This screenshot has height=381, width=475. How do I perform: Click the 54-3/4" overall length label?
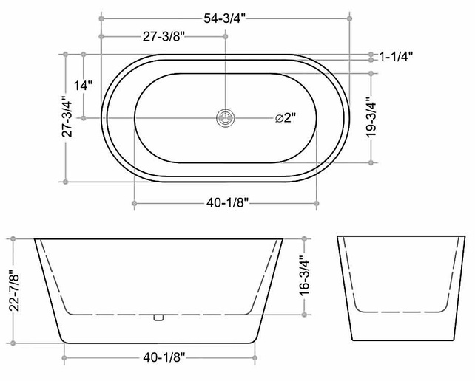click(x=224, y=18)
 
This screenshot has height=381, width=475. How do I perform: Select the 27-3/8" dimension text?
click(x=164, y=37)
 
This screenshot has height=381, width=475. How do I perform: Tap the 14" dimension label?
click(x=84, y=85)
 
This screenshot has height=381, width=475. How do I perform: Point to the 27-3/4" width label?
click(x=67, y=117)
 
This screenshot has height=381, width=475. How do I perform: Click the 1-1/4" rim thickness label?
click(x=397, y=57)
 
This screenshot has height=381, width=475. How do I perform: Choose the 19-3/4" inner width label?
click(x=371, y=117)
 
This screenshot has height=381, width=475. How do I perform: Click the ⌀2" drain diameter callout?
click(x=285, y=117)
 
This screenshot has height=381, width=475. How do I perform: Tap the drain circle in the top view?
click(x=226, y=117)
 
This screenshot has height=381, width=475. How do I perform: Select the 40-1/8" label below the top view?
click(x=227, y=203)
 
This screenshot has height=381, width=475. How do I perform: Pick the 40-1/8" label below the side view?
click(x=164, y=358)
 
